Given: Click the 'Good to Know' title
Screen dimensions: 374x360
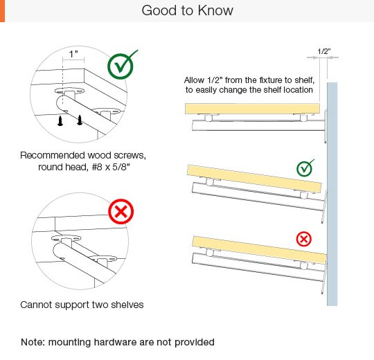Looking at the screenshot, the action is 187,10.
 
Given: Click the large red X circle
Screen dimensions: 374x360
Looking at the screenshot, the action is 121,211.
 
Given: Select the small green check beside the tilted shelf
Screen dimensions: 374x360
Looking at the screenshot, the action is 305,168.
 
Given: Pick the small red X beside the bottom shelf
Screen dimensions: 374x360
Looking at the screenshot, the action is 304,239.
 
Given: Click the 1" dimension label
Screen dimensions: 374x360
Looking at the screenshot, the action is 73,54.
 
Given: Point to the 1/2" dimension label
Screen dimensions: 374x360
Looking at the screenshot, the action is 324,51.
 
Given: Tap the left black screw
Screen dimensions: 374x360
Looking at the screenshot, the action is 60,120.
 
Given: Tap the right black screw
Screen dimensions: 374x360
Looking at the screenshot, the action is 80,120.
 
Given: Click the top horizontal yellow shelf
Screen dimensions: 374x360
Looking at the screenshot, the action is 252,109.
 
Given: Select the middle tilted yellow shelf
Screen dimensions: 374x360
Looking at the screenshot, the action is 254,179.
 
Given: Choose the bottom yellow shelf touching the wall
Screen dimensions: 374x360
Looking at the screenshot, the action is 259,250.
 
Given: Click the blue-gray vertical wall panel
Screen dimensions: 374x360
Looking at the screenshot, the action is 332,194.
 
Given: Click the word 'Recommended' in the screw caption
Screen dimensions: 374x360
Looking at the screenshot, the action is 53,155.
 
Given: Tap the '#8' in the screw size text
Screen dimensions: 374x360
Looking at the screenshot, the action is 98,167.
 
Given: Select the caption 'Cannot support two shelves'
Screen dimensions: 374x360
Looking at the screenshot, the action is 82,305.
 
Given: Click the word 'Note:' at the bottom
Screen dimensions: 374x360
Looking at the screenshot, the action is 33,342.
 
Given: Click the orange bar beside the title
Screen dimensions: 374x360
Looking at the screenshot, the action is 2,11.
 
